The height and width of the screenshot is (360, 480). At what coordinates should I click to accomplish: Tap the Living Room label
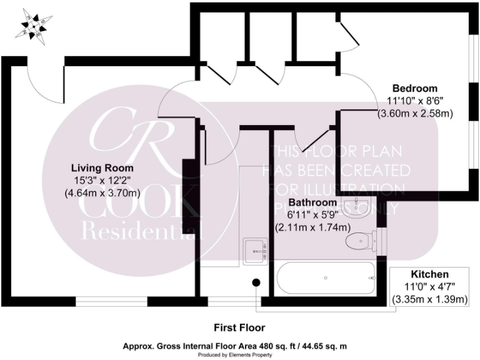click(102, 169)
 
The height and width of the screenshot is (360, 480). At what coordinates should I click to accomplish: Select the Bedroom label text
click(414, 88)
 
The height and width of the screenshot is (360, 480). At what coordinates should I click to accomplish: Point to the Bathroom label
click(312, 203)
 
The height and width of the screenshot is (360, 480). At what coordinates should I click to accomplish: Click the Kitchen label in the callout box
click(429, 275)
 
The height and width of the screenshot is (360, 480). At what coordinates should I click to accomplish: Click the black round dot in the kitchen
click(256, 282)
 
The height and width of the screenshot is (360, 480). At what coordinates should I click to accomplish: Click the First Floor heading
click(239, 327)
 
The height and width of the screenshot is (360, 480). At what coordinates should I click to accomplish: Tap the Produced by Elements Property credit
click(239, 354)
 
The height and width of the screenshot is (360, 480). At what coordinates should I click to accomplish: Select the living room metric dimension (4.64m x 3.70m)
click(102, 194)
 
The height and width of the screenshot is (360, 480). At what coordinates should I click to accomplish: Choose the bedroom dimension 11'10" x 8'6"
click(414, 101)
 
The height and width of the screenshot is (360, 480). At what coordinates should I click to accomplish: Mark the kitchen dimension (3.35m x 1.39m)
click(429, 300)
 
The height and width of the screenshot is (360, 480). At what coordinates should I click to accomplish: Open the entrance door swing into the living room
click(45, 84)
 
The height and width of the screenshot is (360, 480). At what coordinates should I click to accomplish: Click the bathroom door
click(316, 139)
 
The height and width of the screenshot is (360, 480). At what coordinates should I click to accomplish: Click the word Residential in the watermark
click(144, 232)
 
